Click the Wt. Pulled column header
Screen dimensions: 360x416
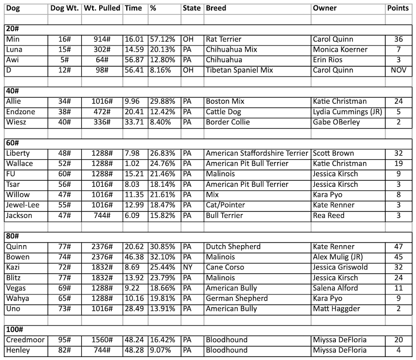[x=102, y=8]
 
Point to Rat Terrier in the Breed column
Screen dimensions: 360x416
[x=224, y=39]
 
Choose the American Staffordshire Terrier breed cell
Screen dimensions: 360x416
[x=257, y=153]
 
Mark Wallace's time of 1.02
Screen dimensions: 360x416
[x=132, y=163]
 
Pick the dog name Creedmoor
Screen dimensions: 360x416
[x=25, y=340]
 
